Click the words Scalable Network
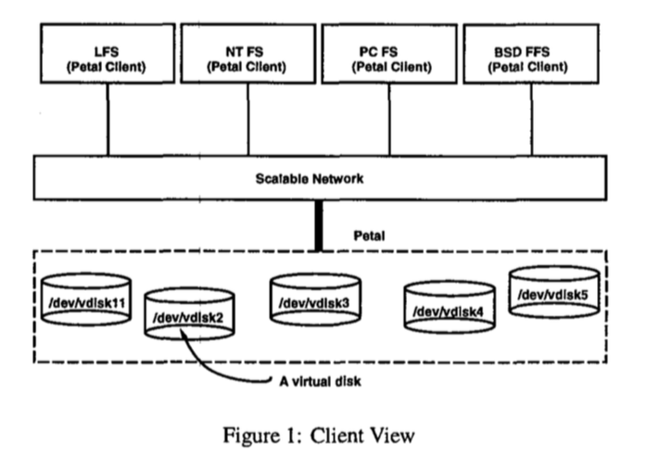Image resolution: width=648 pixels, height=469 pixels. pos(310,179)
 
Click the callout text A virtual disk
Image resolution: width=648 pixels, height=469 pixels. pos(320,381)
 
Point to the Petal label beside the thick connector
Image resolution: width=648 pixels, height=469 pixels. pos(369,235)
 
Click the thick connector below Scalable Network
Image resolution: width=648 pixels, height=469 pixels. pos(319,225)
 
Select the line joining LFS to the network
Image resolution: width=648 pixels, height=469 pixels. pos(108,120)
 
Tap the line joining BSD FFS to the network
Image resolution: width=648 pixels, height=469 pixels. pos(531,120)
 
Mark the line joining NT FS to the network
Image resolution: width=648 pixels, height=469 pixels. pos(248,120)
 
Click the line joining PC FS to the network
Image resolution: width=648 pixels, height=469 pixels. pos(389,120)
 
